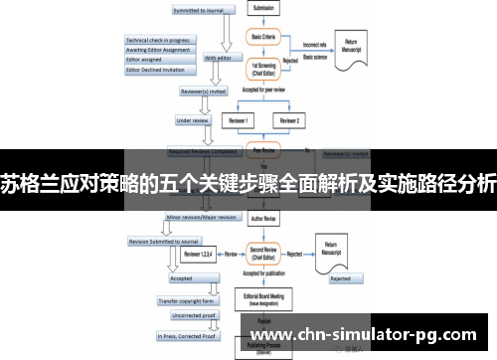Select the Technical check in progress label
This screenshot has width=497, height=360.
click(x=157, y=40)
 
